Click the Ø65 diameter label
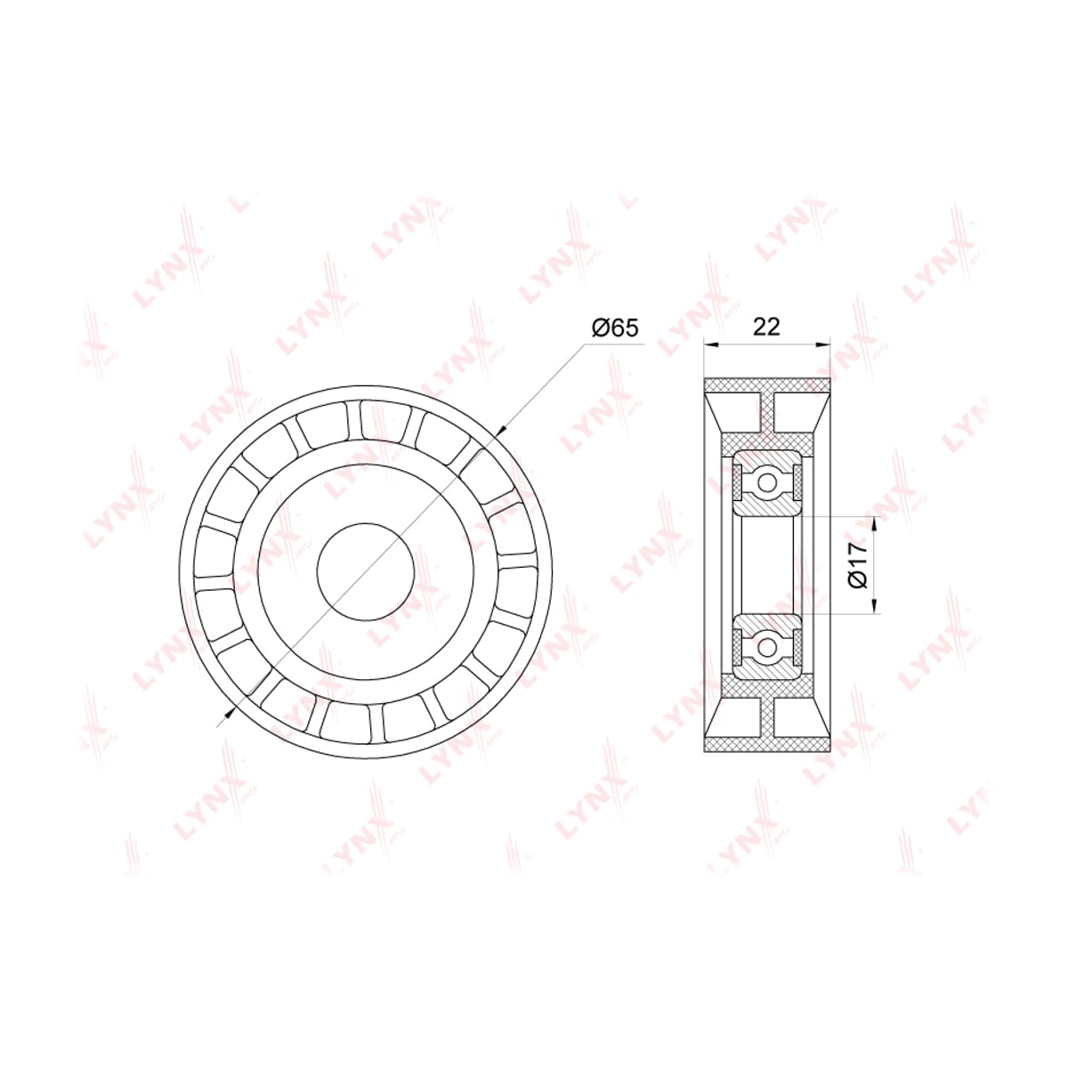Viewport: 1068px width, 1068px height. [x=615, y=328]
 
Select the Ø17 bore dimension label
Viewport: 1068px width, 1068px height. [x=857, y=565]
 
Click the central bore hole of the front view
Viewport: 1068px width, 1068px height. [x=365, y=571]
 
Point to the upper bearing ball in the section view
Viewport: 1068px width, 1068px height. [x=767, y=482]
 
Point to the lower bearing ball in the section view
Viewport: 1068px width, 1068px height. [x=767, y=645]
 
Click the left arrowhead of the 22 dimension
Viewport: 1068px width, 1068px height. [x=711, y=344]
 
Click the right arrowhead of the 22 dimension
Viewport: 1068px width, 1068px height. [x=823, y=344]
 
